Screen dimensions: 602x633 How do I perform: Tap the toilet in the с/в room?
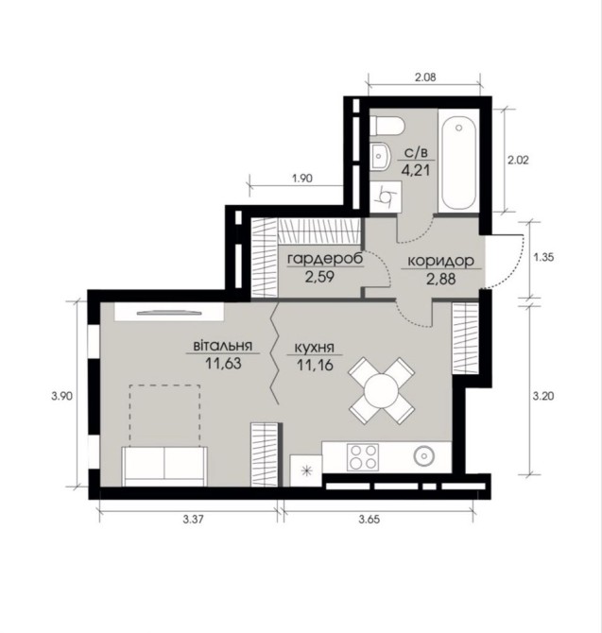tap(387, 126)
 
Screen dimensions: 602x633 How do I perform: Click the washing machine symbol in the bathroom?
tap(386, 197)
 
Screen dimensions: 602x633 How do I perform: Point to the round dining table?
tap(382, 390)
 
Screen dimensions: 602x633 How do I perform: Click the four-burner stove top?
tap(363, 457)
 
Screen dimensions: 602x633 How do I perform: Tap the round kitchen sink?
tap(424, 456)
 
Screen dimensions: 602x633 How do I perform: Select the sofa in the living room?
tap(164, 467)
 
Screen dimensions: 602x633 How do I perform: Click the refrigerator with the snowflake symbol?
tap(306, 470)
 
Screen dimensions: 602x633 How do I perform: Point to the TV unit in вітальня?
tap(169, 311)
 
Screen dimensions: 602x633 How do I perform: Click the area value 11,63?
tap(223, 364)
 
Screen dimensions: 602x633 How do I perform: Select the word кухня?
tap(315, 348)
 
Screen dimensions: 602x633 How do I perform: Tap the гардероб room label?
tap(325, 260)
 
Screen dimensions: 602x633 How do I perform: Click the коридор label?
tap(441, 261)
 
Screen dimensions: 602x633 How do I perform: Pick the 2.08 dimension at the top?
tap(425, 77)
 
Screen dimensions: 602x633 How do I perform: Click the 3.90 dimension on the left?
tap(61, 396)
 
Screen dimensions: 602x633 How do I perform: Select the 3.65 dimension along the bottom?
tap(369, 520)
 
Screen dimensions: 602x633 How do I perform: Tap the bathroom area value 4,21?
tap(416, 169)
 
